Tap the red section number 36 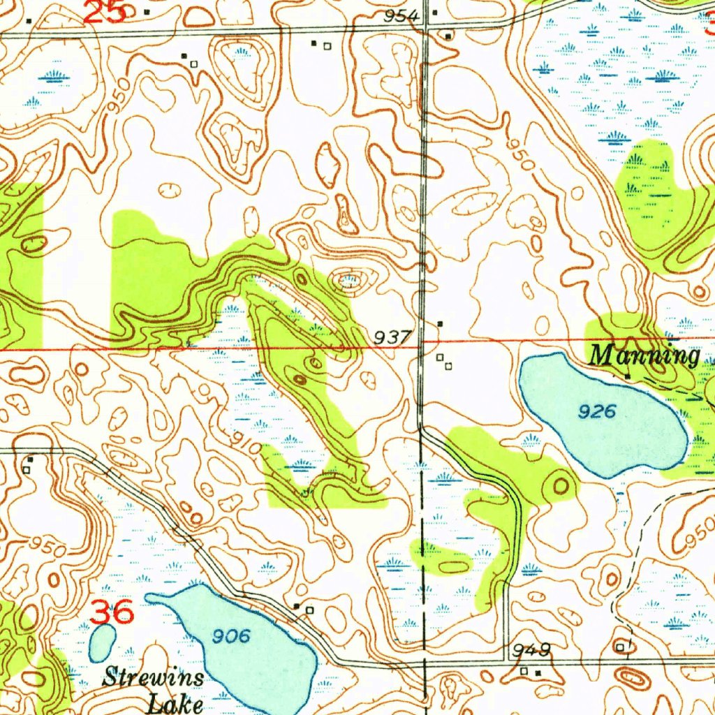point(112,612)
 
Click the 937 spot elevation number point(392,337)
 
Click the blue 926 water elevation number point(597,411)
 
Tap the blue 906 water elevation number point(230,635)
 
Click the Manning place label point(644,355)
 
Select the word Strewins point(154,677)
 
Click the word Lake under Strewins point(175,702)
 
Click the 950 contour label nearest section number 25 point(119,103)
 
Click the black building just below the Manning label point(627,376)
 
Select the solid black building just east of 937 point(440,324)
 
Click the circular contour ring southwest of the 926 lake point(561,485)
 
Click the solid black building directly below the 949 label point(537,672)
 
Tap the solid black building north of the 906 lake point(297,606)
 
